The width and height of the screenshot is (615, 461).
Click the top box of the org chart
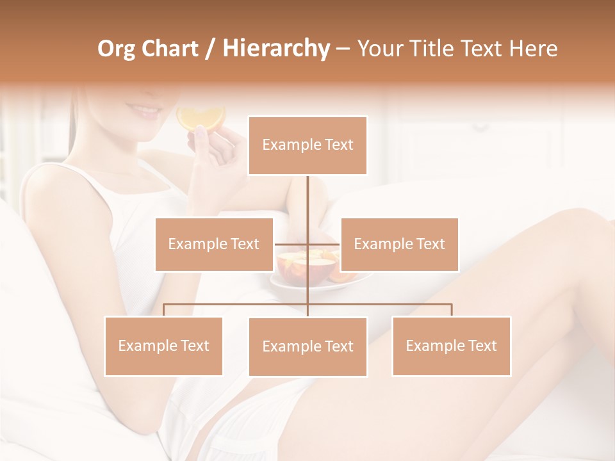307,145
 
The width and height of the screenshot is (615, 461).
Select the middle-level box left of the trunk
214,244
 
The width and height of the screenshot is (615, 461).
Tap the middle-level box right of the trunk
399,244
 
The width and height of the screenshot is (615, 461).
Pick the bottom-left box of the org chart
163,346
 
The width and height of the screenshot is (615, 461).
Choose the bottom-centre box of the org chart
307,346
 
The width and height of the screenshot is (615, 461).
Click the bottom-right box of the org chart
451,346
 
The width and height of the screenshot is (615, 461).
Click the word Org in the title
115,49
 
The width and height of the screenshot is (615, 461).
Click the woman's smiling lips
149,111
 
